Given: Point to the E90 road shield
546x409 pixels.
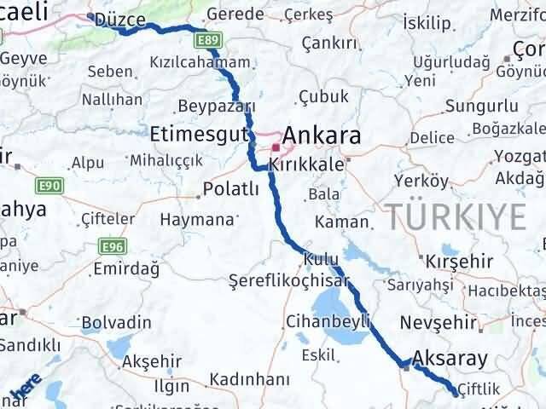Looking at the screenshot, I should click(x=48, y=184).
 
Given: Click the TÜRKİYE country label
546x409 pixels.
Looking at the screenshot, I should click(x=456, y=218).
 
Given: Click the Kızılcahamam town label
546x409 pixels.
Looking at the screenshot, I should click(x=200, y=62).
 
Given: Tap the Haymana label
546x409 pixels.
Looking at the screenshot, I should click(x=197, y=220).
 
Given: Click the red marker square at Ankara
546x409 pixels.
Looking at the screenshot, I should click(x=276, y=147).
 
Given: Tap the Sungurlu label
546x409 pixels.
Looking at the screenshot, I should click(x=481, y=107).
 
